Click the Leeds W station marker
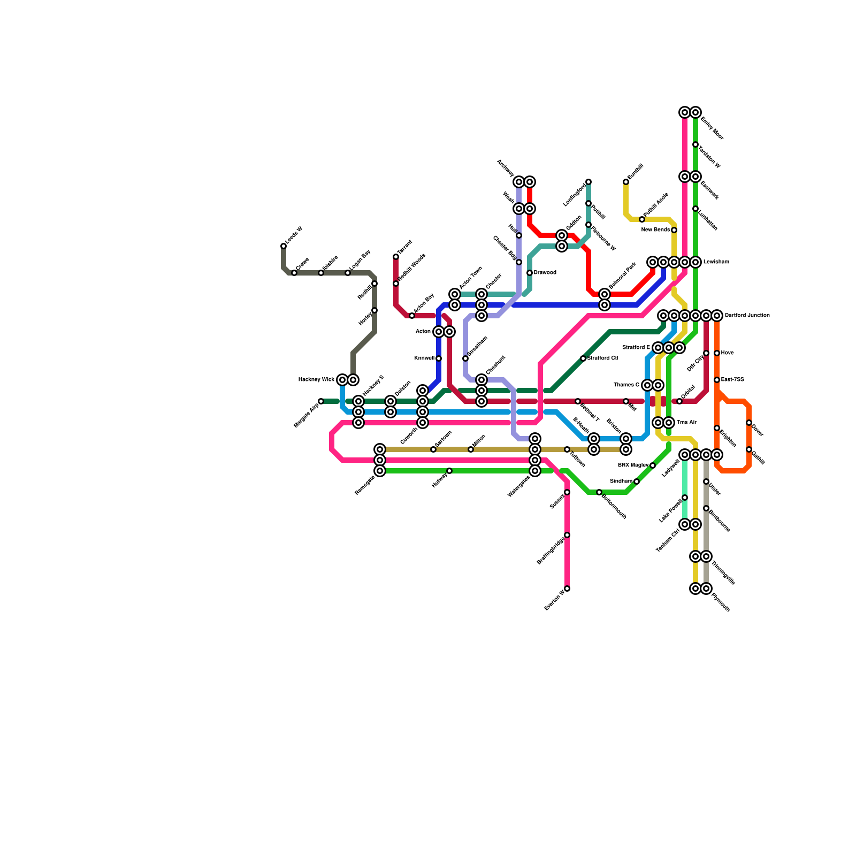[284, 246]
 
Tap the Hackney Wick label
[316, 380]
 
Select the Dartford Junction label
[747, 316]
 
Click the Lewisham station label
[716, 262]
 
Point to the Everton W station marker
[567, 588]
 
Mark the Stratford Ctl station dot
[583, 358]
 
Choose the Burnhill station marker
[626, 182]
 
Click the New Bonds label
[655, 230]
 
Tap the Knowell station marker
[439, 358]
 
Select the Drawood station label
[545, 273]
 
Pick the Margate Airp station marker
[321, 401]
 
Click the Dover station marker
[749, 423]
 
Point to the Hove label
[727, 353]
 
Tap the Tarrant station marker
[396, 257]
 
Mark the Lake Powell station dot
[685, 498]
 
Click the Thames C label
[626, 385]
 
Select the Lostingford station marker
[588, 182]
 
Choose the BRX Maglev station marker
[653, 465]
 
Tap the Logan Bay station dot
[348, 273]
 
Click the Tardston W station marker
[695, 144]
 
